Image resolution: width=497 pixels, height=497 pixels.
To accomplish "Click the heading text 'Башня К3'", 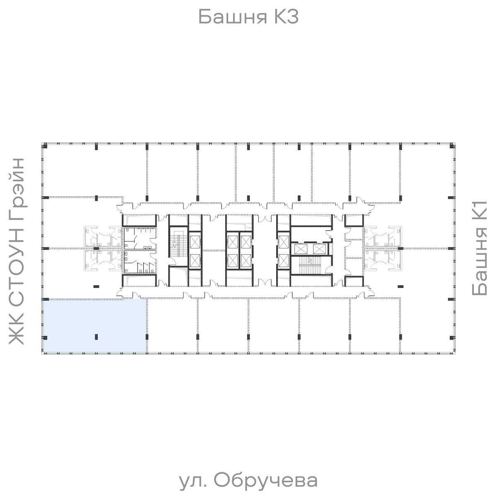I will point(248,17).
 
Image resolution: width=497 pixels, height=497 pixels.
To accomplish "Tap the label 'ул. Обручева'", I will point(248,481).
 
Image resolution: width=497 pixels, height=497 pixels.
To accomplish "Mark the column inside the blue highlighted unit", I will point(96,337).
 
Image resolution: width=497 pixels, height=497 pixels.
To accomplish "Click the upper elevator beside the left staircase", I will point(194,240).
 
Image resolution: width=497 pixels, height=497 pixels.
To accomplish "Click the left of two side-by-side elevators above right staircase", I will point(301,249).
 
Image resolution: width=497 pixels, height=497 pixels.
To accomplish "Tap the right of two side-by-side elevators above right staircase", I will point(319,249).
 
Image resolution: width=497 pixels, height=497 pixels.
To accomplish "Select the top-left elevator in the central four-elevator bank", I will point(232,240).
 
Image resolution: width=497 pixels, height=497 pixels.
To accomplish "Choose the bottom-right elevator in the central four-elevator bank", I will point(246,261).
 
